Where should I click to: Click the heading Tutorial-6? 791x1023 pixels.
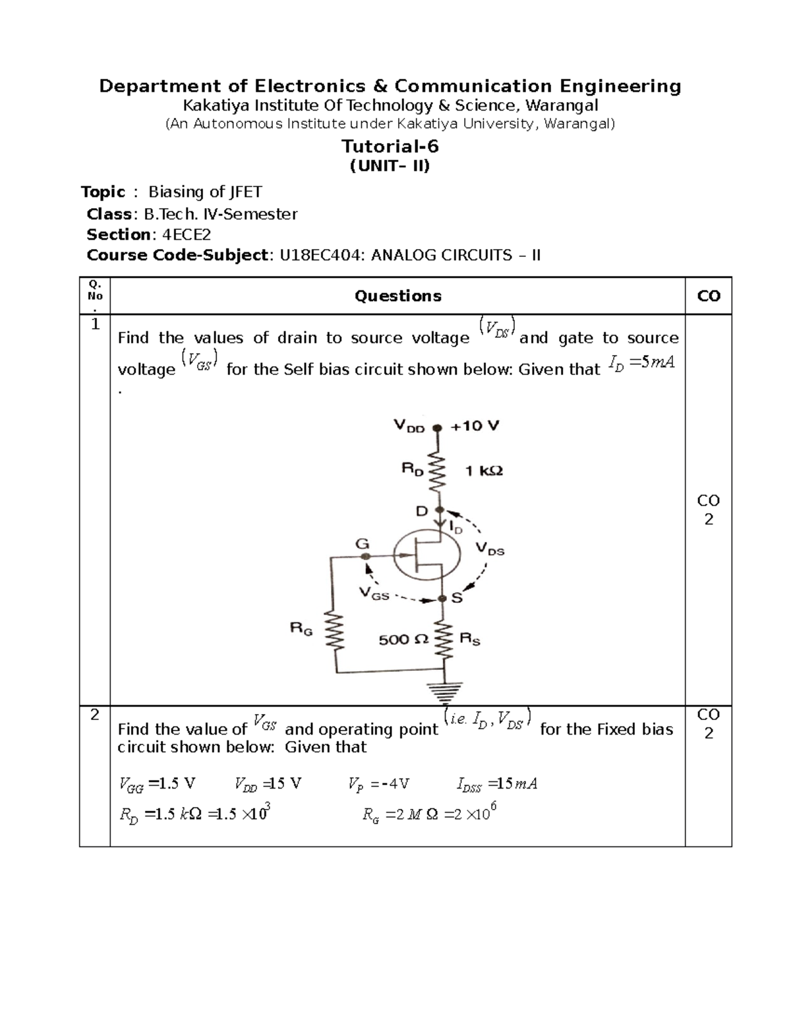coord(390,146)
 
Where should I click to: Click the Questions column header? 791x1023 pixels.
coord(397,296)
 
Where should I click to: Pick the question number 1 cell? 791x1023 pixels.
coord(95,324)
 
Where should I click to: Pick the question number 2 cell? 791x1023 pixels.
coord(95,715)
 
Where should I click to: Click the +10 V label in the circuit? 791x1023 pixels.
coord(475,426)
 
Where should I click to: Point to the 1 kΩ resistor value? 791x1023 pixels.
coord(484,471)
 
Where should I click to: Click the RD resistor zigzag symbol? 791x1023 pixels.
coord(437,471)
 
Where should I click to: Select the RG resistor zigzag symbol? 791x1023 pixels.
coord(337,630)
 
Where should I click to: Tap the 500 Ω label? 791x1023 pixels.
coord(403,639)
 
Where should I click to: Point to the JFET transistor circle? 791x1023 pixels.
coord(426,555)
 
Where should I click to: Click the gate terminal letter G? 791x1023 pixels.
coord(362,544)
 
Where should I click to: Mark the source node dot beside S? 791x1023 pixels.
coord(442,599)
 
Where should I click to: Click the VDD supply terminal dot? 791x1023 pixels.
coord(436,428)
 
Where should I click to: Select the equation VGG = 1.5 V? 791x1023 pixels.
coord(157,784)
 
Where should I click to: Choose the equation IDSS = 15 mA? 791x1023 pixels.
coord(497,784)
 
